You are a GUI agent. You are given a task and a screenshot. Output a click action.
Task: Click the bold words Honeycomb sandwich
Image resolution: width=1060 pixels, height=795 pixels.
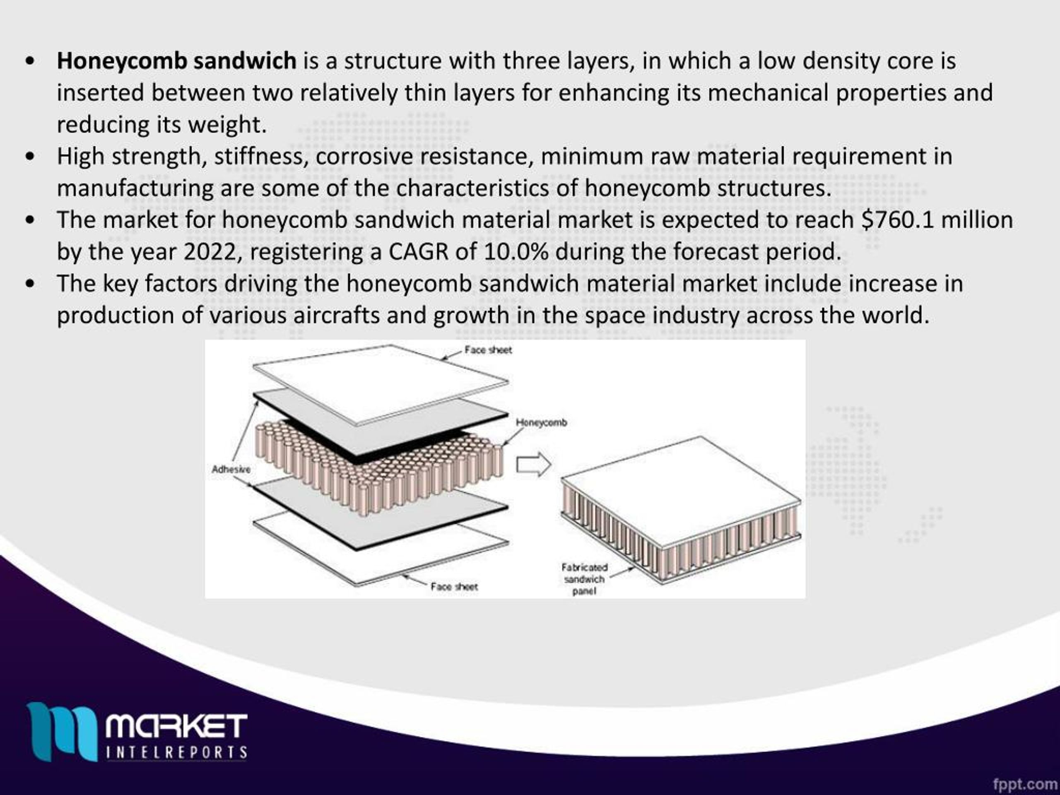(176, 61)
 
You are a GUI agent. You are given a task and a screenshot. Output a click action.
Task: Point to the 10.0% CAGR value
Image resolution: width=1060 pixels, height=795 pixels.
(516, 252)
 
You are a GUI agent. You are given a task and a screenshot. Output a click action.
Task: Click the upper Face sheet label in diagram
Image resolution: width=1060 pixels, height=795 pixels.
(488, 350)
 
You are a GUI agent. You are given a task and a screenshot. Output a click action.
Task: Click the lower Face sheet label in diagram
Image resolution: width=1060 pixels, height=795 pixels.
(454, 587)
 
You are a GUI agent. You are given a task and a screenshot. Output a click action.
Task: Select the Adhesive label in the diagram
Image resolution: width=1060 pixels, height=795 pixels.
(231, 470)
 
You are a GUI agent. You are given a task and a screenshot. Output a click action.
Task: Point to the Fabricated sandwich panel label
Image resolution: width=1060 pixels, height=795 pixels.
(584, 579)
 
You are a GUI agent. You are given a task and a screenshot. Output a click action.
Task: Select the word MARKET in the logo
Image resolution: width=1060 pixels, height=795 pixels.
(176, 726)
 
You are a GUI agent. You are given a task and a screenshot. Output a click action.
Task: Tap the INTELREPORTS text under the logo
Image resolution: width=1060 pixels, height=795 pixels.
(176, 752)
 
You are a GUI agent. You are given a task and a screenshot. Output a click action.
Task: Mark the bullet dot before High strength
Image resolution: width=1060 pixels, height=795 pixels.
(30, 157)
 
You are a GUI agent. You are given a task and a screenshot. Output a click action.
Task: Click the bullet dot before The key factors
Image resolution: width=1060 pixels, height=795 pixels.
(30, 284)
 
